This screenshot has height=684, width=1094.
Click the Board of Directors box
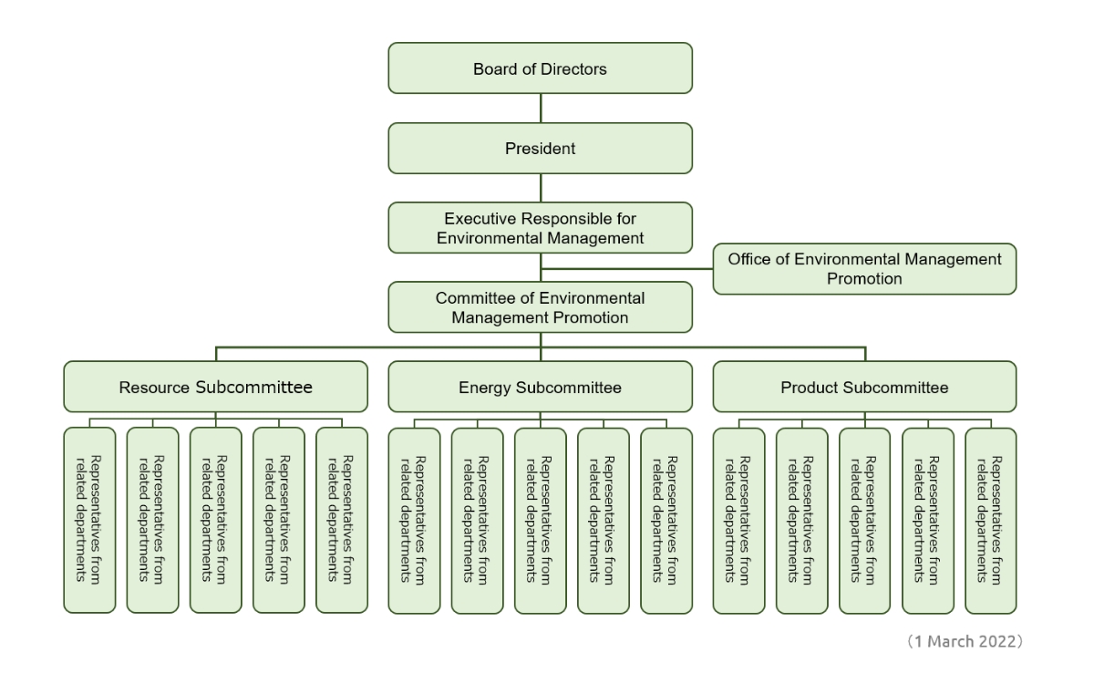541,68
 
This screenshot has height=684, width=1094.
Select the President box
541,148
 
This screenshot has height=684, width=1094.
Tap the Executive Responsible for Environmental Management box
541,228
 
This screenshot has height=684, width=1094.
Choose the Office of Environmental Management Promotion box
864,269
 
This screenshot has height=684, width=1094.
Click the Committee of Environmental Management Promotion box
541,307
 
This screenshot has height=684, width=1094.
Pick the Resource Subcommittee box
216,387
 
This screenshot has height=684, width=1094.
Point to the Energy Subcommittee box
541,387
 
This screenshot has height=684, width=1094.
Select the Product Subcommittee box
864,387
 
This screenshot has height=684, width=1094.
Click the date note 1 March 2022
965,642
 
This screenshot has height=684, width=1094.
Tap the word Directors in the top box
573,68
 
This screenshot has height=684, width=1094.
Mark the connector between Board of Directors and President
541,108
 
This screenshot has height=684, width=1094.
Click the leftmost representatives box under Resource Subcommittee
90,520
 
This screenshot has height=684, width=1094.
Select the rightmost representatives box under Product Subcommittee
990,520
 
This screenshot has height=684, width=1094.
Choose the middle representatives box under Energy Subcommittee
541,520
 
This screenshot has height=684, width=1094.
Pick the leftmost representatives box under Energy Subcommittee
414,520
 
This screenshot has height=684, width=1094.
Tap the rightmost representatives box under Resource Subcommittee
342,520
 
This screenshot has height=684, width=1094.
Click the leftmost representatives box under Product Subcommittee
738,520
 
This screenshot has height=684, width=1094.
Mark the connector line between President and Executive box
541,188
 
